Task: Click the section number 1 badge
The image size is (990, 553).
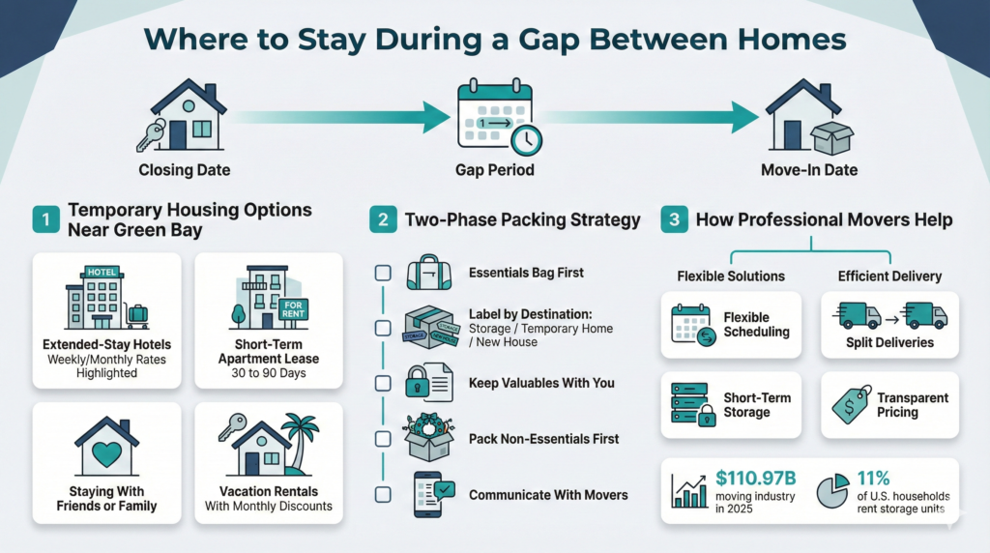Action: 46,219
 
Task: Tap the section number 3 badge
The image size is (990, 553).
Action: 674,219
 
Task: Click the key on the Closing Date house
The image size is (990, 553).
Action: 150,136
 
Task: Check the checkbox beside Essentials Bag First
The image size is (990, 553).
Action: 383,273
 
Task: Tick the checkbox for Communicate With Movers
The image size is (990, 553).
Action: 383,494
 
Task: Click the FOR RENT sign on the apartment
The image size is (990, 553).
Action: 293,309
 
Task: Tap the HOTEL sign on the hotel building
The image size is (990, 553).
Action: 102,272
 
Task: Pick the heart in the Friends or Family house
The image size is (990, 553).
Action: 106,453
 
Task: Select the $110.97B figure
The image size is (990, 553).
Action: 755,479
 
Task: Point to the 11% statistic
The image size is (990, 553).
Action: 873,479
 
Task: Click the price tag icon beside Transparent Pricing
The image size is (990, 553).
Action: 851,405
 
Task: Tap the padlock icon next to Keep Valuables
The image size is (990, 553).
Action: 417,381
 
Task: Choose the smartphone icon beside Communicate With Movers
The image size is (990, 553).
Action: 427,494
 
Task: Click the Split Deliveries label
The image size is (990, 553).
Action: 889,343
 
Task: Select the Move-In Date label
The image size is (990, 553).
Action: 809,170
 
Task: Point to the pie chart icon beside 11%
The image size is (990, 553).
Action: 832,490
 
